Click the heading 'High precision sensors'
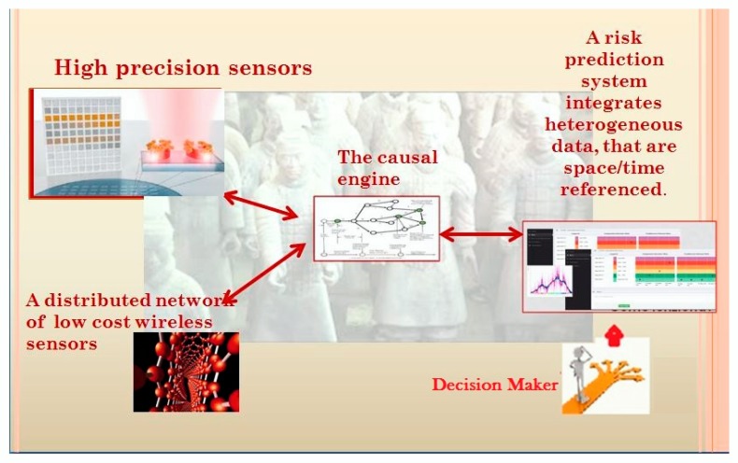[x=183, y=68]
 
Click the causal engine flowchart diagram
[x=376, y=228]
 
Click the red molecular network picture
[x=185, y=372]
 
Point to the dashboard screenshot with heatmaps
[x=619, y=266]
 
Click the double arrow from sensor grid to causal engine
[x=261, y=208]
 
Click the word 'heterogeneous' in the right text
[x=614, y=125]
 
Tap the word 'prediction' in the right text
[x=613, y=61]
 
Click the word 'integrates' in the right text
[x=615, y=104]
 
